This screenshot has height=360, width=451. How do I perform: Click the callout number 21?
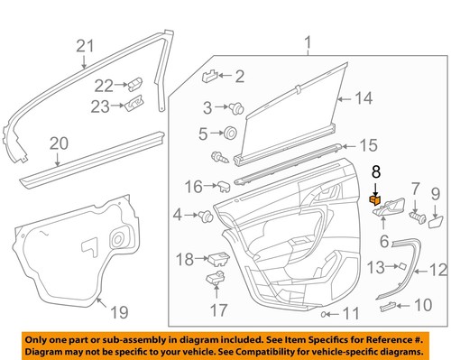[85, 46]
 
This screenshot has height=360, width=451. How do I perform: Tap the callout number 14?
[363, 98]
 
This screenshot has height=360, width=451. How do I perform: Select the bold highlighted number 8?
[376, 169]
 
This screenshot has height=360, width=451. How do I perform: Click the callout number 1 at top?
[308, 42]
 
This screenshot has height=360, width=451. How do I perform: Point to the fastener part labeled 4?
[207, 216]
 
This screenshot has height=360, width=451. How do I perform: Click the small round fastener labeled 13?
[402, 266]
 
